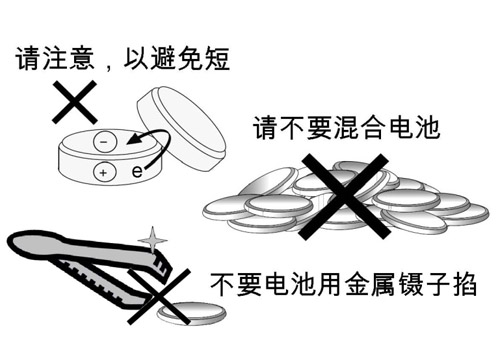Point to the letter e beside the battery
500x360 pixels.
tap(137, 172)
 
